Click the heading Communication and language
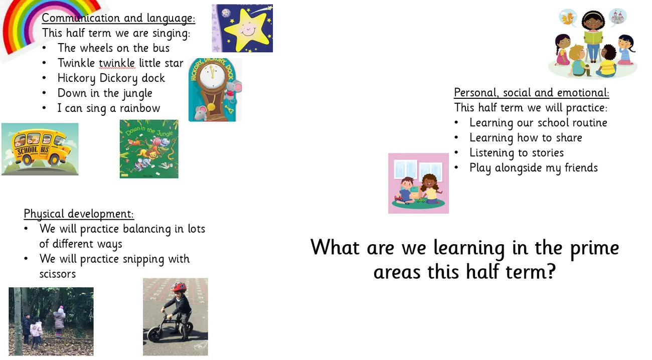tap(118, 18)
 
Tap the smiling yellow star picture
tap(242, 28)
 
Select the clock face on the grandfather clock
tap(212, 75)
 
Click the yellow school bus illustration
tap(40, 149)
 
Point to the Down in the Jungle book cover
tap(149, 149)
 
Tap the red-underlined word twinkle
tap(117, 63)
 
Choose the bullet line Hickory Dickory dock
tap(111, 78)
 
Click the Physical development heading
tap(79, 214)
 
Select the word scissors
tap(58, 274)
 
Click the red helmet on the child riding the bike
tap(179, 287)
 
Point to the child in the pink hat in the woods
tap(59, 321)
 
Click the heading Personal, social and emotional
tap(532, 93)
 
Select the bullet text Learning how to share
tap(526, 138)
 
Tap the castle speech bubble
tap(617, 17)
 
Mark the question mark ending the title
tap(551, 271)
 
